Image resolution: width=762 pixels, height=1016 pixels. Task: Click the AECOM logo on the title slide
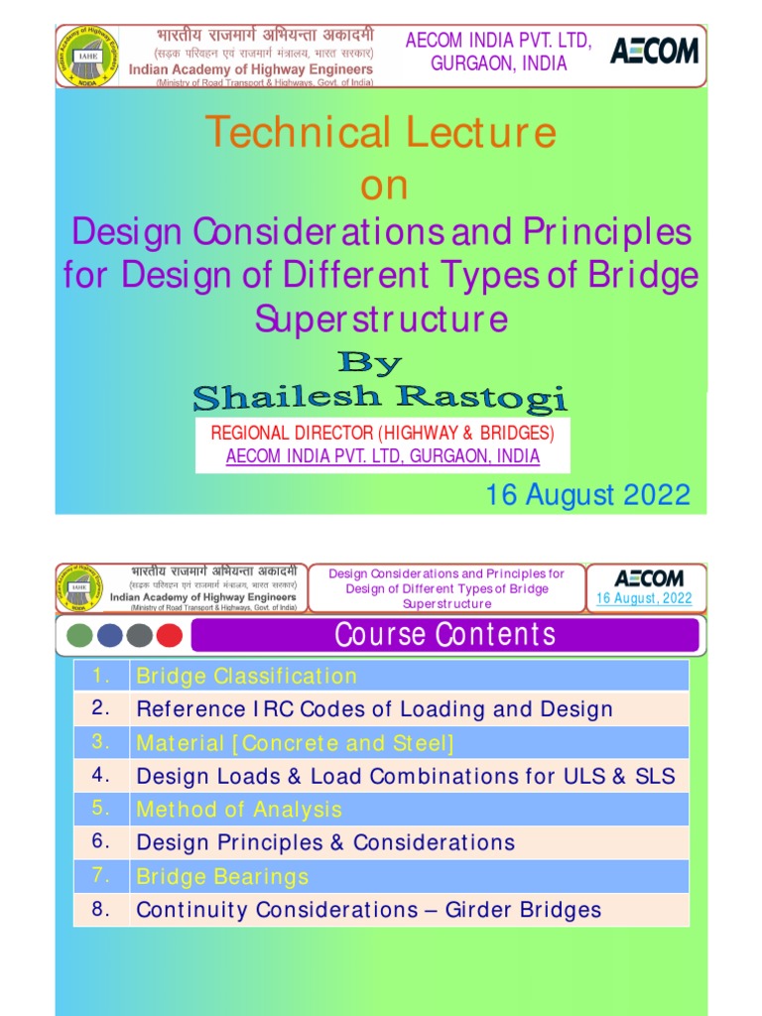click(653, 52)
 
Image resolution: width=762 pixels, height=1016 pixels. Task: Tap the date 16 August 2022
click(587, 494)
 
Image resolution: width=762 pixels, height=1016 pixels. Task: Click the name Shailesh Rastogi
click(380, 399)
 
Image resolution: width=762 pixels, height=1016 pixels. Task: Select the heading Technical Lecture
click(380, 133)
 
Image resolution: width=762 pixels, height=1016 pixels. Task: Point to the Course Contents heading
click(444, 635)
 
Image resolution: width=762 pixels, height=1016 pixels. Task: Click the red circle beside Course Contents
click(170, 635)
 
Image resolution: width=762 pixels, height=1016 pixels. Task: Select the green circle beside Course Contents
click(80, 635)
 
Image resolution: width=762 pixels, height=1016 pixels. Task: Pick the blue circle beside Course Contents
click(110, 635)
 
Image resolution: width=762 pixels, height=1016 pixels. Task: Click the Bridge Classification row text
click(246, 677)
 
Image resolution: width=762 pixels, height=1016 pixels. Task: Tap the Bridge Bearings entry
click(222, 877)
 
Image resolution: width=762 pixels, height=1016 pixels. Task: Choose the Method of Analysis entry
click(239, 810)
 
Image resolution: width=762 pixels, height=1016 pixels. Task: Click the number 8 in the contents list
click(100, 909)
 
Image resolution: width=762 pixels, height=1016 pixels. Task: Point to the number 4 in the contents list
click(100, 775)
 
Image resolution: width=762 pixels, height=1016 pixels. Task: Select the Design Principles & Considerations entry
click(325, 843)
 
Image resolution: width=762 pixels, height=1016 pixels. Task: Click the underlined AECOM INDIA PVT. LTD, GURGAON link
click(383, 456)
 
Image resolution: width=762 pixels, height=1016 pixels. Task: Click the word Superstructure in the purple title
click(381, 319)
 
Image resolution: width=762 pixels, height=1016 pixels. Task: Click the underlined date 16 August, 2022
click(644, 598)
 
